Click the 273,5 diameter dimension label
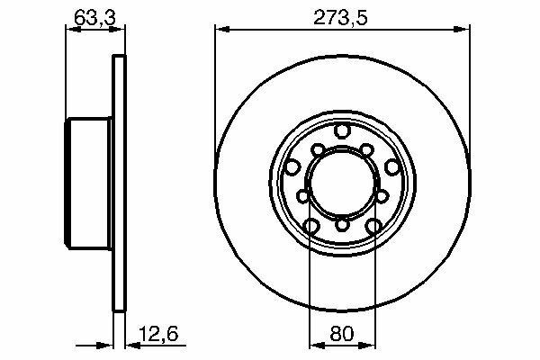[340, 18]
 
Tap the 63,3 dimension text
[95, 18]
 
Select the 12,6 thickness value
[158, 334]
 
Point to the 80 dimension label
[342, 334]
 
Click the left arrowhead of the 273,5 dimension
[222, 30]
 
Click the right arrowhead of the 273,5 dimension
[463, 30]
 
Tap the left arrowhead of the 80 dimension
[317, 346]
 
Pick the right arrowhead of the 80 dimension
[368, 346]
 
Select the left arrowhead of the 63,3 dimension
[74, 30]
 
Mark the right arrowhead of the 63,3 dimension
[117, 30]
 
